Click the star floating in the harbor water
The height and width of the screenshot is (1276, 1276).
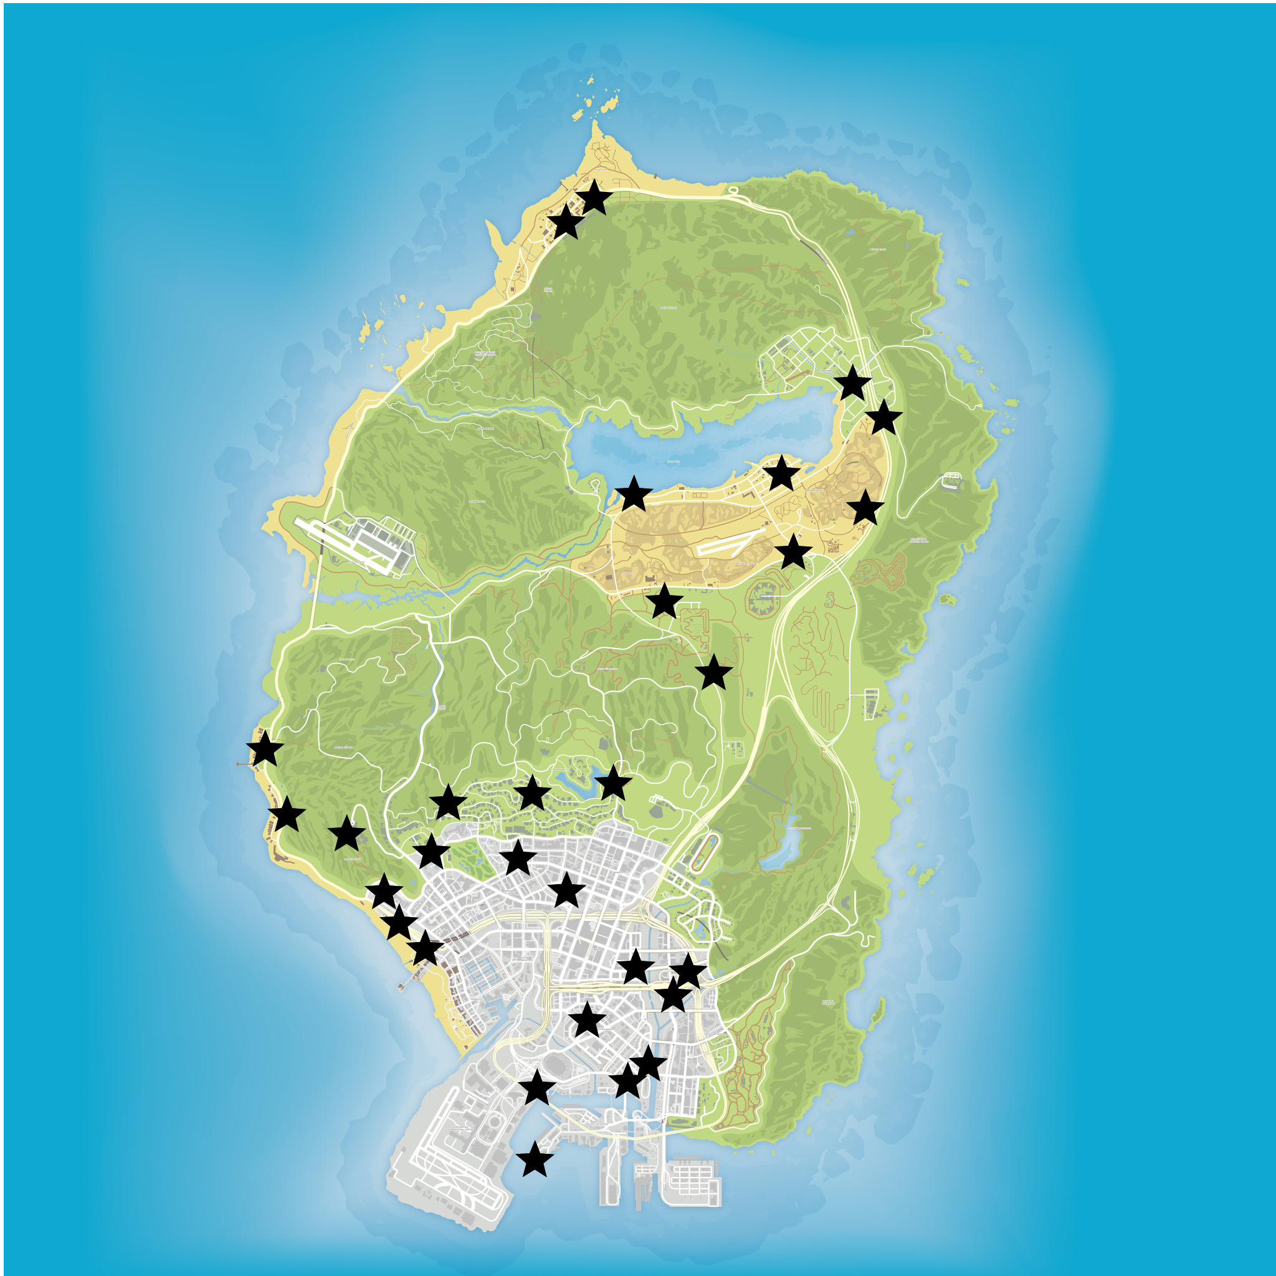point(535,1160)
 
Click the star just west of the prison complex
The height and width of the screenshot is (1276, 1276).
point(664,602)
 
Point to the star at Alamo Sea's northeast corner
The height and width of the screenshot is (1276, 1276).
point(852,384)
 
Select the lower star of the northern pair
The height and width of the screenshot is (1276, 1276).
point(566,222)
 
